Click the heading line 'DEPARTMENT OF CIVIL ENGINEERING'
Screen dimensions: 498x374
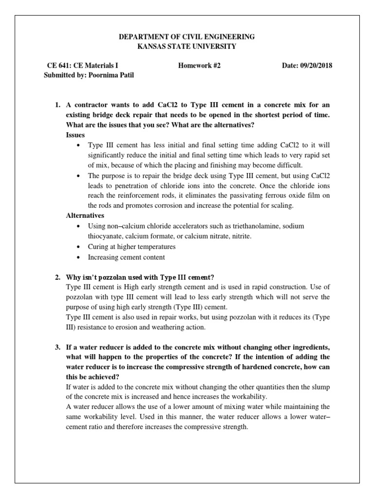point(187,37)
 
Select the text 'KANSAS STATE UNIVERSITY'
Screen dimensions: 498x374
point(187,46)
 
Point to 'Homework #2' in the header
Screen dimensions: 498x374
point(200,66)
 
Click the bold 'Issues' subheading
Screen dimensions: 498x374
point(75,135)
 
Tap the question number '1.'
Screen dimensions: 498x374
point(57,105)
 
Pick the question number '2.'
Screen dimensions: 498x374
point(57,277)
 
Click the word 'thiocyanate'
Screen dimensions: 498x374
point(105,236)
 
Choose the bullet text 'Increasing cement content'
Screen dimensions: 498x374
point(126,257)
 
